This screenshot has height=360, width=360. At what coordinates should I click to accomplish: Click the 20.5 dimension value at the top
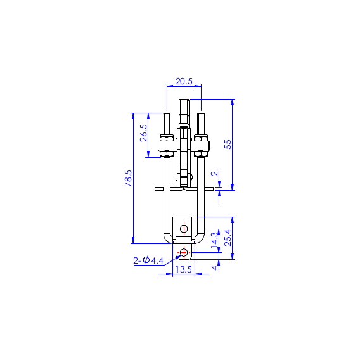[184, 82]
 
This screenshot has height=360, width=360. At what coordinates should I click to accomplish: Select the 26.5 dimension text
[143, 135]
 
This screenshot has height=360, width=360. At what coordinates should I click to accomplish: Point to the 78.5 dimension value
[128, 178]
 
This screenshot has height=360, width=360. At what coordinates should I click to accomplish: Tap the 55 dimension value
[228, 144]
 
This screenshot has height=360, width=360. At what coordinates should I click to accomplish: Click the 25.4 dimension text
[228, 238]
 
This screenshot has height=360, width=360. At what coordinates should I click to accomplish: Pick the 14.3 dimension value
[214, 239]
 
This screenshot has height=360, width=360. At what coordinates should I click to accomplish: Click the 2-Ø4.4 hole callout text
[148, 260]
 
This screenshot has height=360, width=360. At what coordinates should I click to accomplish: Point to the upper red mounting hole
[184, 228]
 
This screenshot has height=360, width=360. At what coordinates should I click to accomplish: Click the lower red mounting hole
[184, 253]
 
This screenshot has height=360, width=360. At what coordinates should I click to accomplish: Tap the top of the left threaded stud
[167, 115]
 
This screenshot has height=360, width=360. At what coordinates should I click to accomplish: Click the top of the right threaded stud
[201, 115]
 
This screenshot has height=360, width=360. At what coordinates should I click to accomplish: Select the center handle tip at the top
[184, 101]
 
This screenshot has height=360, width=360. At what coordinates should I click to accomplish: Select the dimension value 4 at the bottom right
[214, 267]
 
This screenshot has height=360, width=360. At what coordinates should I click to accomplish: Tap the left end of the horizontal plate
[156, 188]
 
